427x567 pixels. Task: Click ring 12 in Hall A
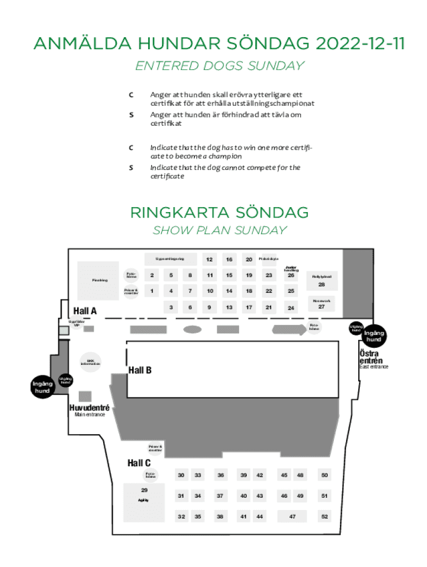tap(209, 259)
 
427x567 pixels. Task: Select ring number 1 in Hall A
tap(152, 290)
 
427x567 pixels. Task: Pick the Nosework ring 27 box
tap(321, 304)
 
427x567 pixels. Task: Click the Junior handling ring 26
tap(291, 275)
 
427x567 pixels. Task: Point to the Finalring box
tap(99, 281)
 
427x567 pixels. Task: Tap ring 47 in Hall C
tap(292, 516)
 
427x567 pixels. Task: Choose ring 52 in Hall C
tap(325, 516)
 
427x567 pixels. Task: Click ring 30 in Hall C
tap(181, 475)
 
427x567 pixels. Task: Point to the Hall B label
tap(140, 370)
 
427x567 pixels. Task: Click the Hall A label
tap(85, 311)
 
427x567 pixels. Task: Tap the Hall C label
tap(139, 463)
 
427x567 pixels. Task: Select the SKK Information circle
tap(90, 363)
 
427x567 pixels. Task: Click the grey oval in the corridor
tap(192, 329)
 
